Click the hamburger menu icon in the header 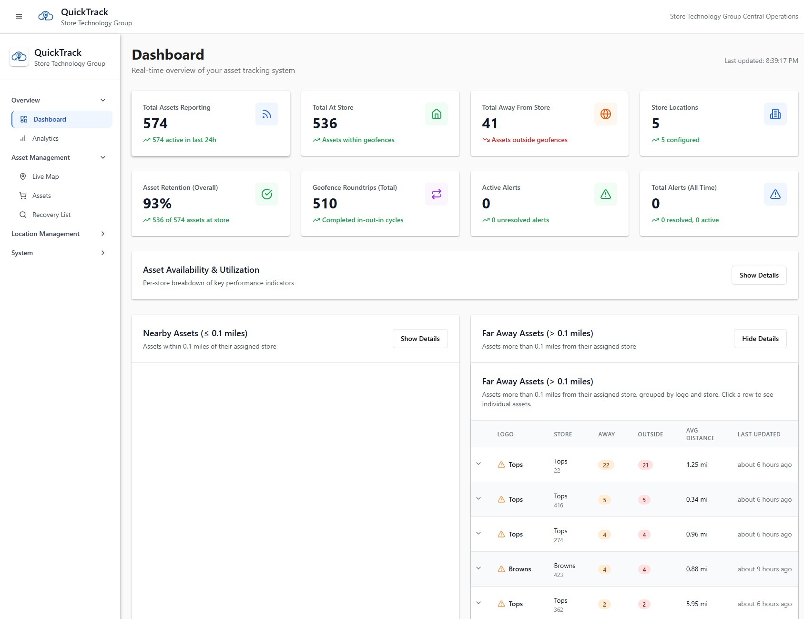tap(19, 16)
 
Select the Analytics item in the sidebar tap(45, 138)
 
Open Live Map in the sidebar tap(45, 176)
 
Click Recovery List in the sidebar tap(51, 215)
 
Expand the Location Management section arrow tap(103, 234)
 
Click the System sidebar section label tap(22, 253)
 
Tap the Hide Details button tap(760, 339)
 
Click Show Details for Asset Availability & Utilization tap(759, 275)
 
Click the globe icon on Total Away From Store tap(605, 114)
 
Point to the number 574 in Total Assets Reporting tap(155, 124)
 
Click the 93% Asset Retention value tap(157, 204)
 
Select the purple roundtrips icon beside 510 tap(436, 194)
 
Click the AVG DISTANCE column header tap(700, 434)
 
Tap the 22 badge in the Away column tap(606, 465)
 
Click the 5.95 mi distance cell tap(696, 604)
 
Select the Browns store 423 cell tap(564, 569)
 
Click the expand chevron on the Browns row tap(478, 568)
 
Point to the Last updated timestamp tap(761, 61)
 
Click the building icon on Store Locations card tap(775, 114)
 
